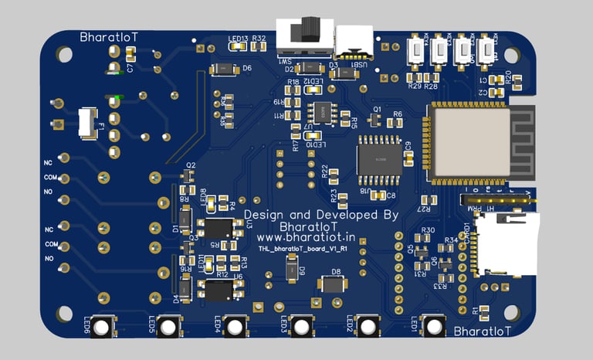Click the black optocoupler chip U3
pyautogui.click(x=218, y=228)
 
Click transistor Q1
pyautogui.click(x=376, y=121)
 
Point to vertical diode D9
pyautogui.click(x=290, y=269)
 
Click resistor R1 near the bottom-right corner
pyautogui.click(x=485, y=312)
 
